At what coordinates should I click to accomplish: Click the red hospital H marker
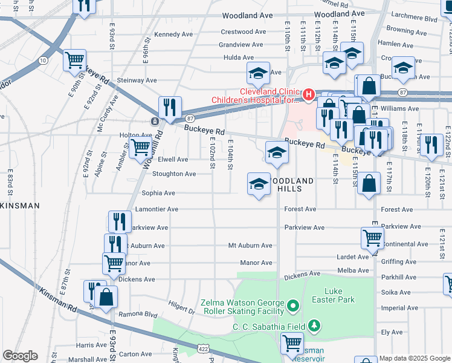coord(309,94)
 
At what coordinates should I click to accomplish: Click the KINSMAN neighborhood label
coord(20,206)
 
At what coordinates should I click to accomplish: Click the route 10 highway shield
coord(42,60)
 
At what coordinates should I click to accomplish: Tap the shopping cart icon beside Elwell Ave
coord(141,146)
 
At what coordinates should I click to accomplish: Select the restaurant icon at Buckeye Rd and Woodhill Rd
coord(170,108)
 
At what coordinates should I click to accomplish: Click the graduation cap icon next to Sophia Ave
coord(259,183)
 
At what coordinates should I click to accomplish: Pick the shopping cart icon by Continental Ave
coord(372,238)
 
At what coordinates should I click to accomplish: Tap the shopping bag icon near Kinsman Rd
coord(106,296)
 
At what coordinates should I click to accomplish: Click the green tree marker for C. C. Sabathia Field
coord(313,327)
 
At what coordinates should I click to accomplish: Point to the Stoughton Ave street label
coord(173,174)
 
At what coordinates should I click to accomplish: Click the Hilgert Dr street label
coord(182,310)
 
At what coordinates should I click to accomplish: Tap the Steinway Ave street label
coord(137,80)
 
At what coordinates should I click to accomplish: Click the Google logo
coord(19,356)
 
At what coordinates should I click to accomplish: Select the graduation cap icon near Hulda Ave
coord(258,74)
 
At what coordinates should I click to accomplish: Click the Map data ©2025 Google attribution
coord(415,359)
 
